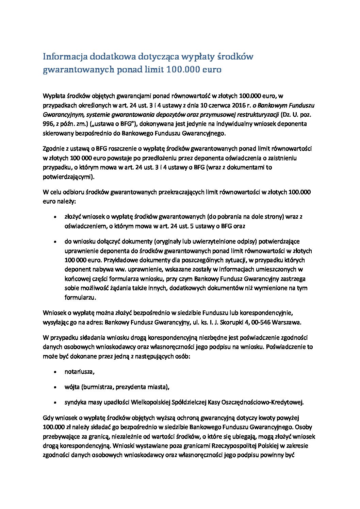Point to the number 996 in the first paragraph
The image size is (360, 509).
[48, 124]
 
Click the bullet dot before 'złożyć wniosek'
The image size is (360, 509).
[55, 217]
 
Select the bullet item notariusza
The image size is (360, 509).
[79, 372]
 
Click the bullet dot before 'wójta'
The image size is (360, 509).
[55, 387]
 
